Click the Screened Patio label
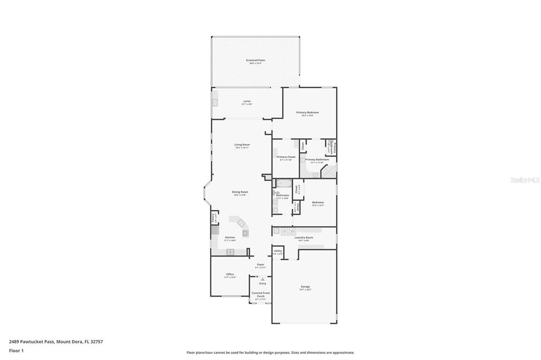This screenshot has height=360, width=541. [x=255, y=61]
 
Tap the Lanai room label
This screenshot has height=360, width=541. [x=247, y=101]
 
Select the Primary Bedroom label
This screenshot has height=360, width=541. [x=307, y=113]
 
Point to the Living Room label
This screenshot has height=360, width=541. [x=242, y=145]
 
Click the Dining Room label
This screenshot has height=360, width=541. [x=240, y=193]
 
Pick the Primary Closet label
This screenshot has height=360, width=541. [x=286, y=157]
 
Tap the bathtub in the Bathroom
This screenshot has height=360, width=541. [x=284, y=185]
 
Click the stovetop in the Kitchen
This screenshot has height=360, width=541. [x=230, y=252]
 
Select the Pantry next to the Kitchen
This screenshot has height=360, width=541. [x=213, y=217]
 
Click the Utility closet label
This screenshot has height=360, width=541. [x=278, y=252]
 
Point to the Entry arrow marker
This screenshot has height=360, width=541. [x=263, y=279]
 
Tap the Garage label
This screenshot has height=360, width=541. [x=305, y=287]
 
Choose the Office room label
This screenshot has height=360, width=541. [x=230, y=275]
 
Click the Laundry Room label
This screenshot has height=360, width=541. [x=304, y=238]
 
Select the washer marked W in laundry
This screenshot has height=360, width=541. [x=292, y=231]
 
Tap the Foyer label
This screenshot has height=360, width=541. [x=260, y=265]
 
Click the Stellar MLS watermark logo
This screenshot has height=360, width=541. [x=524, y=180]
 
